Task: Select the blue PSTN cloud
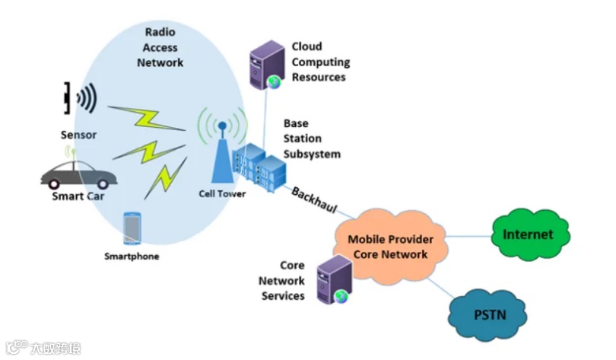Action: click(x=489, y=313)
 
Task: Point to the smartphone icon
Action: click(x=132, y=228)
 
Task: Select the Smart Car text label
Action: click(x=78, y=196)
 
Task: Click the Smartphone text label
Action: click(x=132, y=256)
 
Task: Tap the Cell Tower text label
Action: click(x=222, y=194)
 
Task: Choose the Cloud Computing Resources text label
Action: click(x=320, y=62)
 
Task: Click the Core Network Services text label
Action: click(x=283, y=281)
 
